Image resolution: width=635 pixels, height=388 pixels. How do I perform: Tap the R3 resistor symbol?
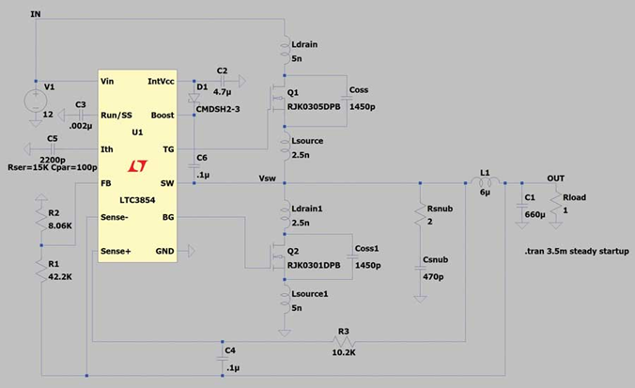click(342, 341)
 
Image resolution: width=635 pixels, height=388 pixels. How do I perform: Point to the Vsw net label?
click(268, 178)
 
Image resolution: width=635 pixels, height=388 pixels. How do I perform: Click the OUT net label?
click(557, 178)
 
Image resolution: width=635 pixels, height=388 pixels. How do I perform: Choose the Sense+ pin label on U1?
click(117, 252)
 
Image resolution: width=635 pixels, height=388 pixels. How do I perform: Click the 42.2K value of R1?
click(60, 277)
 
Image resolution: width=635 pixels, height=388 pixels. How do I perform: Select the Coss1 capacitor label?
click(367, 248)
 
